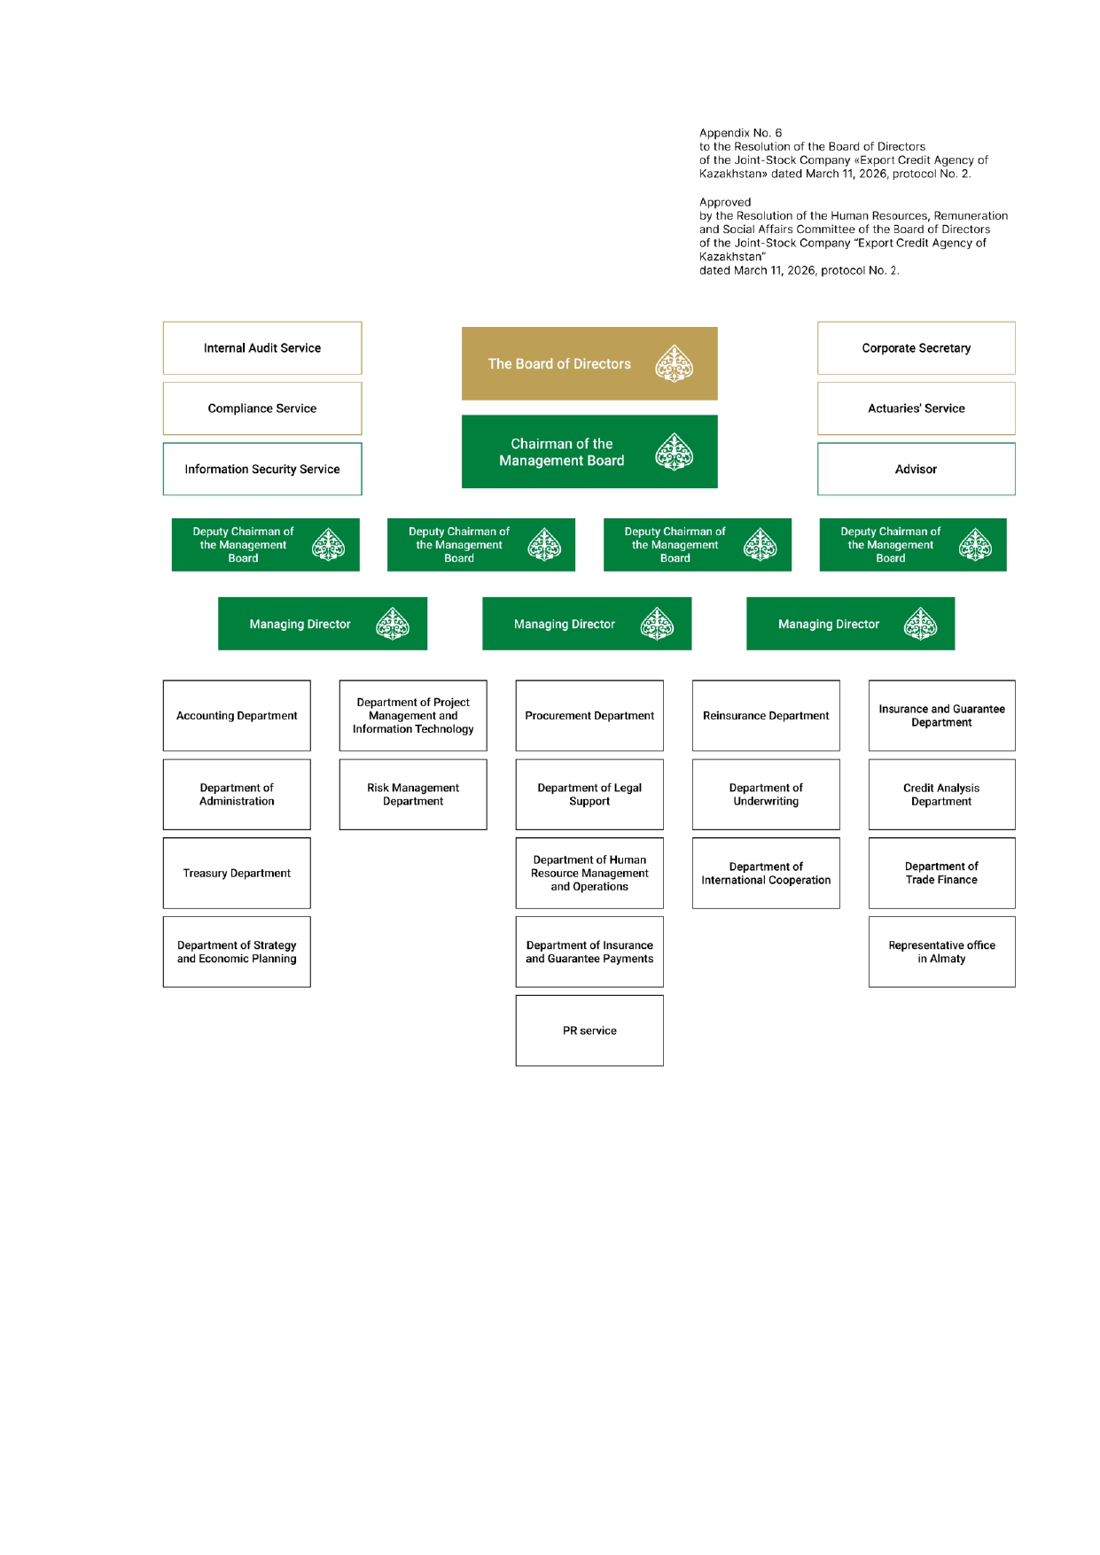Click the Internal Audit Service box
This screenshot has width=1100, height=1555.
point(262,348)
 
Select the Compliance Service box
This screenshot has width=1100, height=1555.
point(262,408)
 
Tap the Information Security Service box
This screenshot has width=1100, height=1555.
point(262,470)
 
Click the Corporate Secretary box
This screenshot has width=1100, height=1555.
point(916,348)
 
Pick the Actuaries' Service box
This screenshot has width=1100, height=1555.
point(916,408)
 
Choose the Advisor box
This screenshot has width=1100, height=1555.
point(916,470)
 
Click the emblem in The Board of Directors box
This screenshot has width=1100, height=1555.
point(674,363)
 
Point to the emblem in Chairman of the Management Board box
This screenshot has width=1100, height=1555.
point(674,452)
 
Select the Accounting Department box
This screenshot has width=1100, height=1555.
point(237,716)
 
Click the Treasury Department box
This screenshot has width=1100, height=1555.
point(237,874)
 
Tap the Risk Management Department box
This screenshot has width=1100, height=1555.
point(413,795)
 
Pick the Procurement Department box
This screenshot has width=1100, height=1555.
point(589,716)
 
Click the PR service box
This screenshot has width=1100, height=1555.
point(589,1030)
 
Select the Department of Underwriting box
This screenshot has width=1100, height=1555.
point(766,795)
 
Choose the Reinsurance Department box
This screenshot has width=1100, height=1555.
point(766,716)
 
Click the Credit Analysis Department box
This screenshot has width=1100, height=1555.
point(941,795)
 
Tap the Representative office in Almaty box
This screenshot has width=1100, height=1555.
point(941,952)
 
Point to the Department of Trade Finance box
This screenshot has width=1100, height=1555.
point(941,874)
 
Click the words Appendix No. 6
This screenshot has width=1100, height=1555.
point(740,133)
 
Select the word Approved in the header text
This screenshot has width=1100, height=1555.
point(725,202)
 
